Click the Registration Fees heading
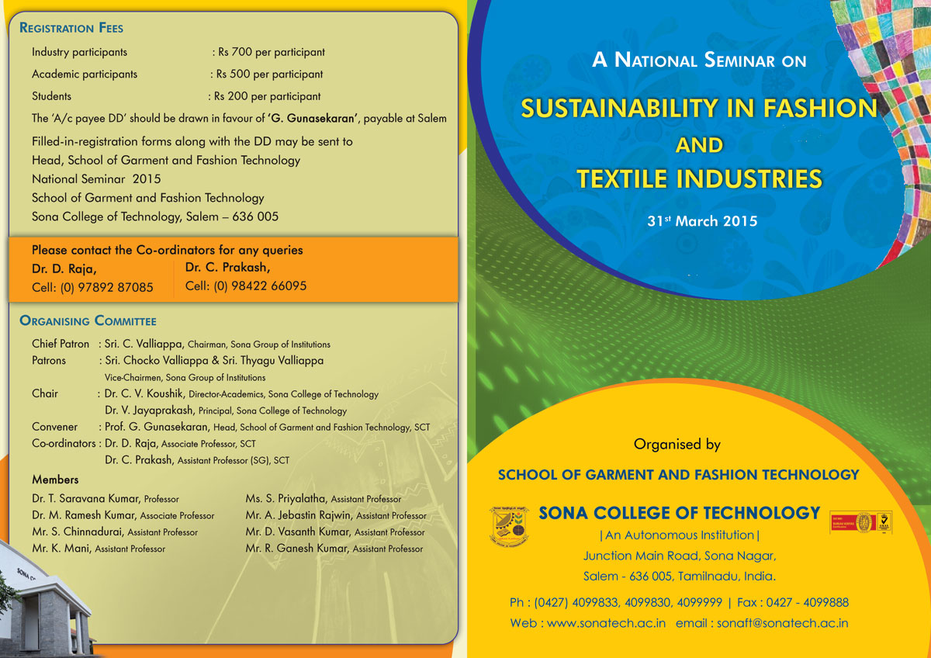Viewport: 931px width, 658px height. click(71, 28)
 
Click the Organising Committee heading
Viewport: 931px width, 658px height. click(88, 320)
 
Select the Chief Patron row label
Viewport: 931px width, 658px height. click(60, 344)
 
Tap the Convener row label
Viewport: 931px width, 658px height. click(55, 427)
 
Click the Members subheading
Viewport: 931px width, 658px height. click(55, 480)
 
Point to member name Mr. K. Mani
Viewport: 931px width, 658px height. click(61, 549)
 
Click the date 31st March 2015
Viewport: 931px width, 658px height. click(702, 220)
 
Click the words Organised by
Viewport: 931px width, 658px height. click(677, 445)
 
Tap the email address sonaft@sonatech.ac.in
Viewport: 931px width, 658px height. click(782, 623)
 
